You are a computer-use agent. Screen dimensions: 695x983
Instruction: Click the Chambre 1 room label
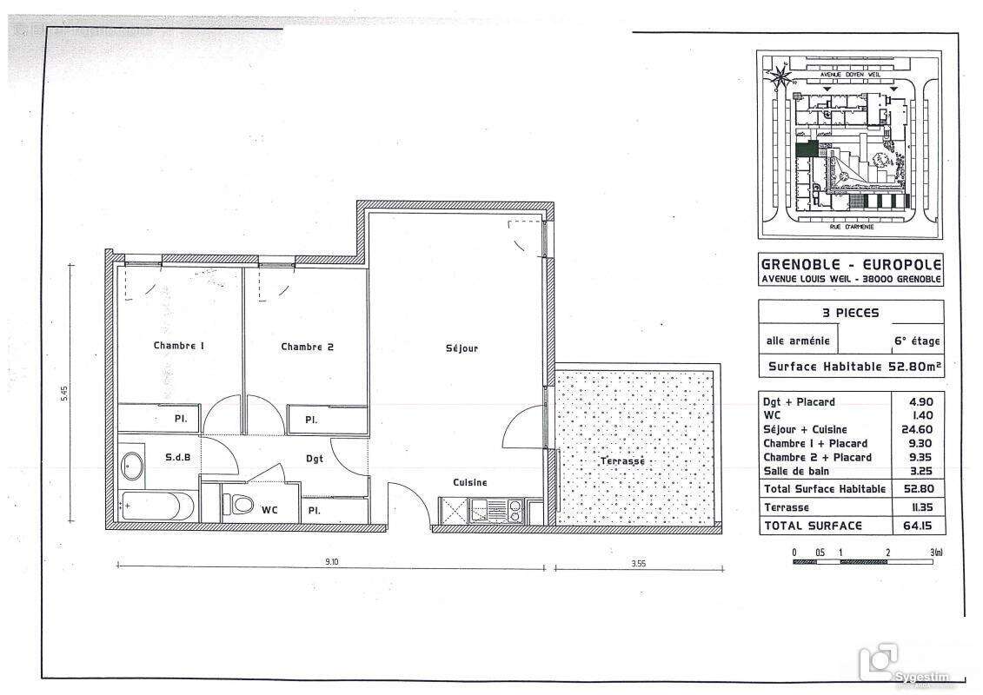pyautogui.click(x=179, y=346)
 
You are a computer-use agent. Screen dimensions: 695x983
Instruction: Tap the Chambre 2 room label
pyautogui.click(x=307, y=347)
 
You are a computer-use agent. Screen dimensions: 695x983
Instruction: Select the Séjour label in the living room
pyautogui.click(x=462, y=348)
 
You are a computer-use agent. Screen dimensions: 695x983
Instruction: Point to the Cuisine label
pyautogui.click(x=469, y=482)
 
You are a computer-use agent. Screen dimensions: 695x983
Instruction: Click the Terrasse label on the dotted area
pyautogui.click(x=622, y=460)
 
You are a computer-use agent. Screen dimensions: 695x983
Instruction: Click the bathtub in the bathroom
pyautogui.click(x=157, y=506)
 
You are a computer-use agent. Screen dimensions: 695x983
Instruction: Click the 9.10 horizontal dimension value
pyautogui.click(x=332, y=562)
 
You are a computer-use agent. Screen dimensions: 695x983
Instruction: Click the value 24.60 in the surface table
pyautogui.click(x=918, y=429)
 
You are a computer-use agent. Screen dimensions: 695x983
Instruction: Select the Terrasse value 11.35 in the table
pyautogui.click(x=918, y=507)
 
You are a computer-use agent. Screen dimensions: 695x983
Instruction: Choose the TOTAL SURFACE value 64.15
pyautogui.click(x=918, y=526)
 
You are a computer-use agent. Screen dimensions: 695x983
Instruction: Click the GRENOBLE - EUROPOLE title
pyautogui.click(x=850, y=264)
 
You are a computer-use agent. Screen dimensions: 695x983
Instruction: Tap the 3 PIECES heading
pyautogui.click(x=850, y=313)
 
